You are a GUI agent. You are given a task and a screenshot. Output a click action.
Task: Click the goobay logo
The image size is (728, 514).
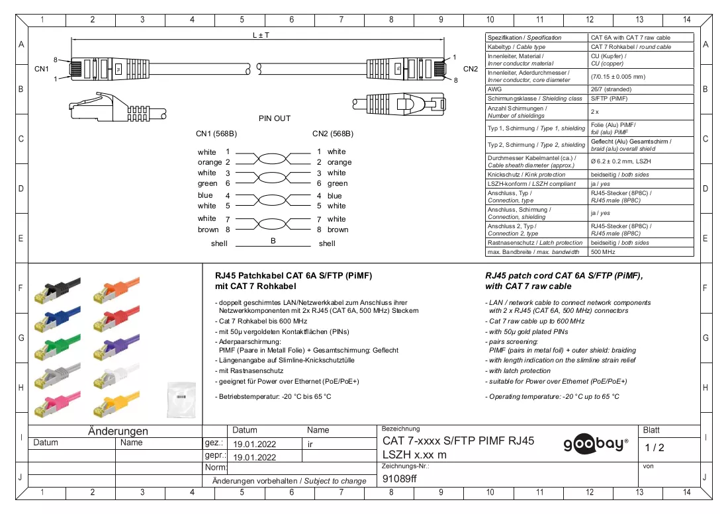[596, 445]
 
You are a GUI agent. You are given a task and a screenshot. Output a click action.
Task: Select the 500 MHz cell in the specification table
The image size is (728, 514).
[603, 252]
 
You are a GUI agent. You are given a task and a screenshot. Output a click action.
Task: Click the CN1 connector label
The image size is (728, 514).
[41, 69]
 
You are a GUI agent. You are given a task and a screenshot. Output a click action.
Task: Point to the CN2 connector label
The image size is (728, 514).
[471, 69]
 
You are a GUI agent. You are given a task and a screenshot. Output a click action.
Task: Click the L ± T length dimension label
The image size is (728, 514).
[261, 35]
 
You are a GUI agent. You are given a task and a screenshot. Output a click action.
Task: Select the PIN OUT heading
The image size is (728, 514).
[275, 118]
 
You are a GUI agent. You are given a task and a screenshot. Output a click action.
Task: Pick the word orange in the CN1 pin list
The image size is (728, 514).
[210, 162]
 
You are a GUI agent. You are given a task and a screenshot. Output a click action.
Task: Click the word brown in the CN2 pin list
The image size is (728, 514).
[338, 230]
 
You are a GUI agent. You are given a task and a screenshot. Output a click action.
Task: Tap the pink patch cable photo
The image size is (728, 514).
[57, 404]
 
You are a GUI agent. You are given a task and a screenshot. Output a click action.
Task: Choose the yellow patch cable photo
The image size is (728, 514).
[116, 404]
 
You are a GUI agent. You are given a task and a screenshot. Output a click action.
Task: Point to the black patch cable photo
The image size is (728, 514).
[57, 290]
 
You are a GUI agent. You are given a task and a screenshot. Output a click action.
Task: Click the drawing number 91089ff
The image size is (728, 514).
[399, 479]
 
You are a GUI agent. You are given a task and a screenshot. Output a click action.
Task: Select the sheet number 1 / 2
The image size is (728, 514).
[654, 448]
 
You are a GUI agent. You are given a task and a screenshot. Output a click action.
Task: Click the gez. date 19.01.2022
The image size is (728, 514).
[254, 444]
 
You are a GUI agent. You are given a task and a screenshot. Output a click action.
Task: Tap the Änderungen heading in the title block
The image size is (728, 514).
[118, 431]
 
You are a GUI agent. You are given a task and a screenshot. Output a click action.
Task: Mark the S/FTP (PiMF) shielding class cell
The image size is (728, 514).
[609, 99]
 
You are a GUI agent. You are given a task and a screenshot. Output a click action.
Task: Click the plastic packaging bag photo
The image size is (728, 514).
[181, 400]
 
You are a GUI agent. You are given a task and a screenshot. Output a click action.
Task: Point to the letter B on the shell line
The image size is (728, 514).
[273, 241]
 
